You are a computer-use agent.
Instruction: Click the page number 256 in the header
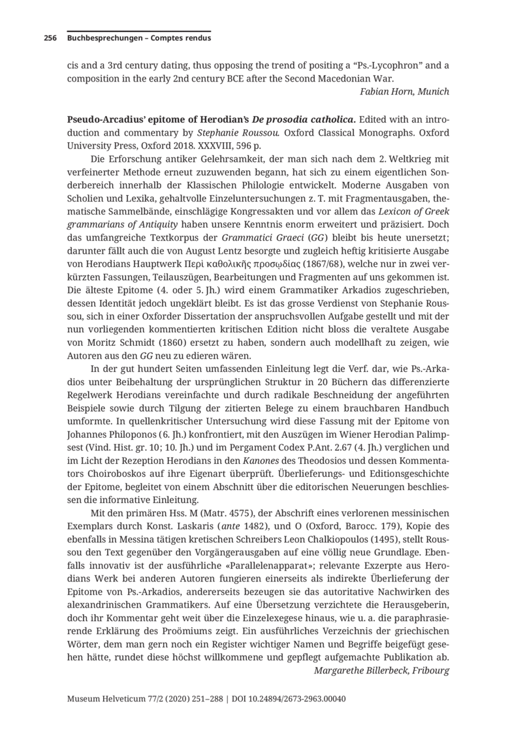pyautogui.click(x=50, y=38)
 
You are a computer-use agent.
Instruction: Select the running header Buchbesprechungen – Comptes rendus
pyautogui.click(x=138, y=38)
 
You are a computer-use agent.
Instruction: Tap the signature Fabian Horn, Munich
pyautogui.click(x=404, y=91)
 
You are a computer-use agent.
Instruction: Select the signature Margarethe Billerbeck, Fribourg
pyautogui.click(x=381, y=669)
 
